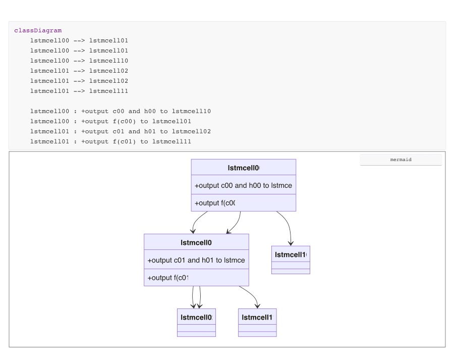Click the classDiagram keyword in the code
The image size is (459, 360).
pyautogui.click(x=38, y=31)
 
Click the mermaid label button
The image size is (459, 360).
pyautogui.click(x=400, y=160)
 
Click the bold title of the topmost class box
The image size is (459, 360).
pyautogui.click(x=243, y=168)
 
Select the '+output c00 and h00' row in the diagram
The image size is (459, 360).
pyautogui.click(x=243, y=185)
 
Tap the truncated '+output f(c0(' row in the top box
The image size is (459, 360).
pyautogui.click(x=215, y=203)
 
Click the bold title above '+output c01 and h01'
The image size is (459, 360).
pyautogui.click(x=196, y=243)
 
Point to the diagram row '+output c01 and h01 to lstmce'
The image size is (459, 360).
pyautogui.click(x=196, y=260)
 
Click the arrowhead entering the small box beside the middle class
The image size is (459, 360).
pyautogui.click(x=291, y=243)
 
